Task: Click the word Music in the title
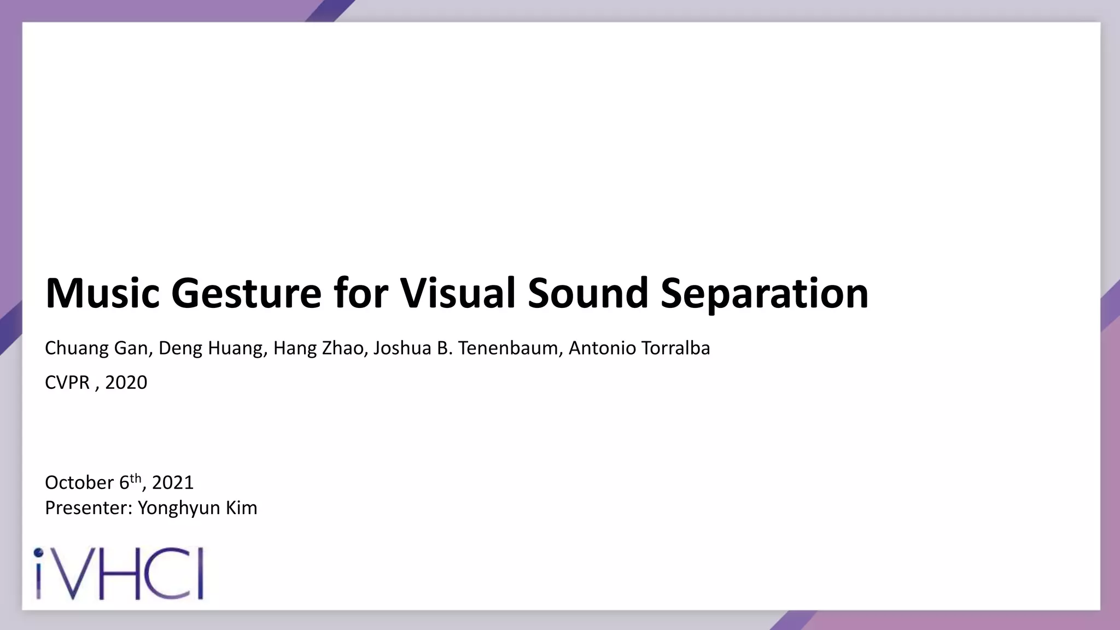pyautogui.click(x=102, y=294)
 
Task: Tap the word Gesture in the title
pyautogui.click(x=246, y=294)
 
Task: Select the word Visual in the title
pyautogui.click(x=458, y=294)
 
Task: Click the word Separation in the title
pyautogui.click(x=764, y=294)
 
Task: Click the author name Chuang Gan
pyautogui.click(x=96, y=348)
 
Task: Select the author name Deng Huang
pyautogui.click(x=211, y=348)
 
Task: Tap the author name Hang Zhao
pyautogui.click(x=318, y=348)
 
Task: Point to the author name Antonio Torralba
pyautogui.click(x=639, y=348)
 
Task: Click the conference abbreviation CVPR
pyautogui.click(x=67, y=382)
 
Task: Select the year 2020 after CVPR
pyautogui.click(x=126, y=382)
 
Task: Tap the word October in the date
pyautogui.click(x=79, y=482)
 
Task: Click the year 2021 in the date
pyautogui.click(x=173, y=482)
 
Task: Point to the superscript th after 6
pyautogui.click(x=136, y=478)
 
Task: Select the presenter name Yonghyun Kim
pyautogui.click(x=197, y=508)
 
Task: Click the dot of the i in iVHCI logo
pyautogui.click(x=38, y=552)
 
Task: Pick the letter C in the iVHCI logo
pyautogui.click(x=164, y=574)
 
